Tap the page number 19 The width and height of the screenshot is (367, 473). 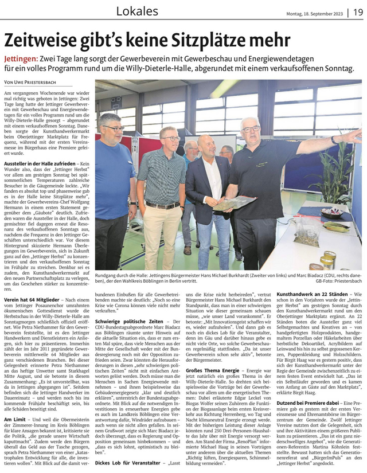tap(357, 11)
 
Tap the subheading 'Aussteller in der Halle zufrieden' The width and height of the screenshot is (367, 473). tap(40, 165)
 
